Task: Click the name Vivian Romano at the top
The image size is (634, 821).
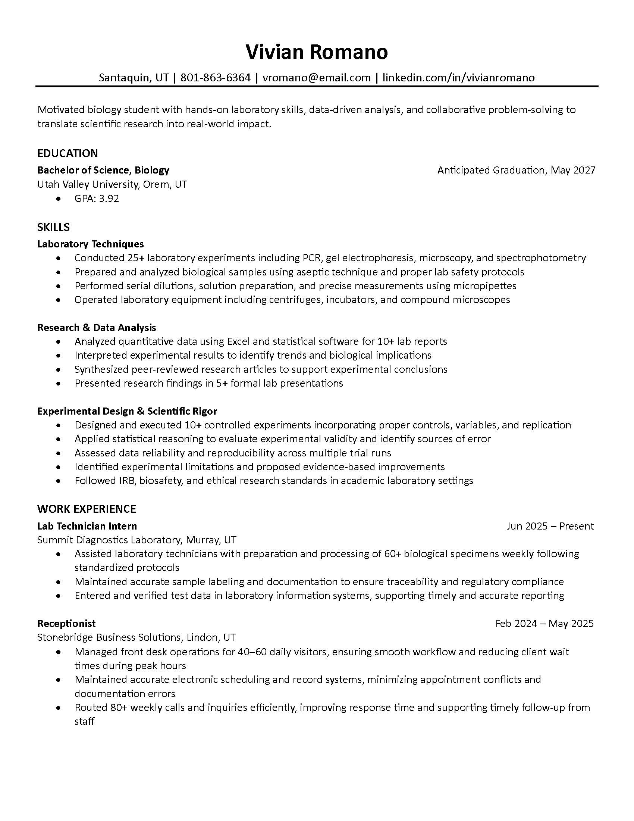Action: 317,52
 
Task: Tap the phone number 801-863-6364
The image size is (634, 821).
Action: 215,78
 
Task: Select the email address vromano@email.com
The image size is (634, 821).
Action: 317,78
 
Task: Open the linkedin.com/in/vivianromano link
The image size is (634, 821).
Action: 458,78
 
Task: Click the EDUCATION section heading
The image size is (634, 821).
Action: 68,153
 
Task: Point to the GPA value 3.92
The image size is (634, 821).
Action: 109,198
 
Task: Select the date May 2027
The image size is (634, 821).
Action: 573,170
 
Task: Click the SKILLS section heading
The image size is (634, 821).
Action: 53,227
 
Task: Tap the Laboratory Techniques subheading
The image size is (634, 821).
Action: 91,244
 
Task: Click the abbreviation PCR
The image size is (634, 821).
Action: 311,258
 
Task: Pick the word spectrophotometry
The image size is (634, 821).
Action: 541,258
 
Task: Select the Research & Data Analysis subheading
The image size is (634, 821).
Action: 97,327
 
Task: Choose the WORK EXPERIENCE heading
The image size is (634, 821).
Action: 87,509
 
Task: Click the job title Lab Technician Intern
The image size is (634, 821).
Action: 87,526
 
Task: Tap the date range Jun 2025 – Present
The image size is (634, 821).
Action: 550,526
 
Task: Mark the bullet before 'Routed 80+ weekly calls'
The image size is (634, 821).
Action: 58,708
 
